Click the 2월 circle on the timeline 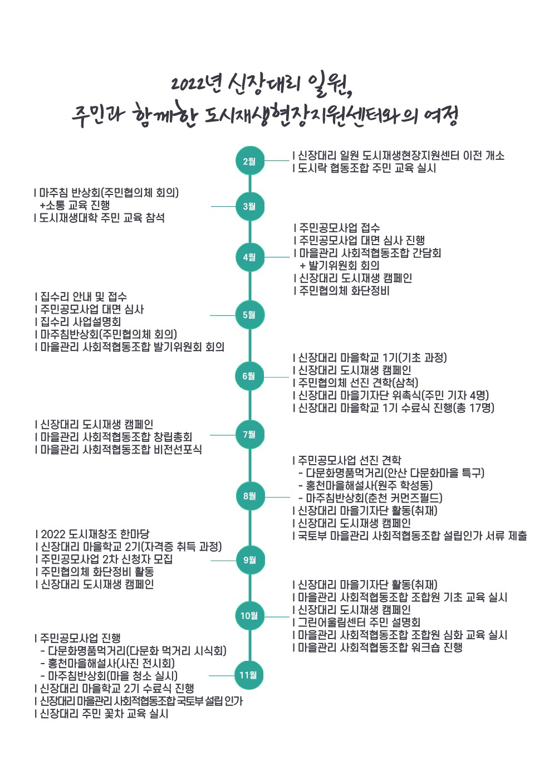coord(250,161)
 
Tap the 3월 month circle coord(250,206)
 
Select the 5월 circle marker coord(250,315)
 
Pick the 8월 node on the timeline coord(250,496)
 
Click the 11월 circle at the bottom coord(249,675)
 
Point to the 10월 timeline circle coord(249,616)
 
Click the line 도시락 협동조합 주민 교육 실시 coord(364,168)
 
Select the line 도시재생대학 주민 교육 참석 coord(99,217)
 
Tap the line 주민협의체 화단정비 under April coord(341,291)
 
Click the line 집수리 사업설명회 coord(78,321)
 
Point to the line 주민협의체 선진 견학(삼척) coord(355,382)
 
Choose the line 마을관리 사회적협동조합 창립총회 coord(114,437)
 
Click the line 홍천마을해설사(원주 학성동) coord(365,485)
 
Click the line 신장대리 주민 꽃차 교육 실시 coord(101,713)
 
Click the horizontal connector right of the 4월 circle coord(277,257)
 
